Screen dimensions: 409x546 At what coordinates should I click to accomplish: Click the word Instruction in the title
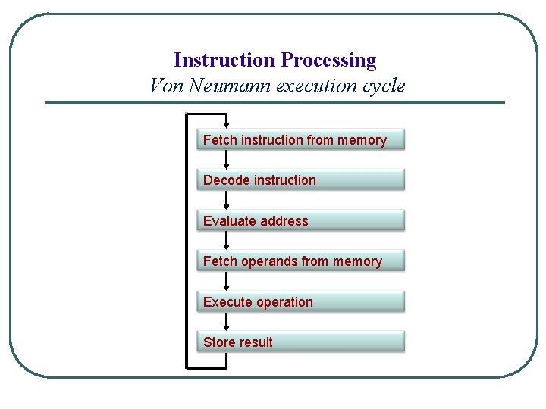pyautogui.click(x=224, y=60)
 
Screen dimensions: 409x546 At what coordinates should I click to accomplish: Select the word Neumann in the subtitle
pyautogui.click(x=230, y=86)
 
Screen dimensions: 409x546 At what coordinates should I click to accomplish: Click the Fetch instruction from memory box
pyautogui.click(x=300, y=140)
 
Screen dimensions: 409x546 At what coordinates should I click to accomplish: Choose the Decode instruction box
pyautogui.click(x=300, y=180)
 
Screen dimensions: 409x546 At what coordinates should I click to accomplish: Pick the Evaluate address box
pyautogui.click(x=300, y=221)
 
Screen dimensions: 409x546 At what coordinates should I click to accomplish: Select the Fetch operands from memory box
pyautogui.click(x=300, y=261)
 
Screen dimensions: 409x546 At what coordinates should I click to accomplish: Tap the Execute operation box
pyautogui.click(x=300, y=302)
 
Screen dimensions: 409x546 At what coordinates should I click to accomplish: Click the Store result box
pyautogui.click(x=300, y=342)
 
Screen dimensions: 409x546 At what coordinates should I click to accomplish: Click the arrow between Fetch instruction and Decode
pyautogui.click(x=226, y=160)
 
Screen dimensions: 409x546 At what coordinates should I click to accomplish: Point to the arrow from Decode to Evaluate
pyautogui.click(x=226, y=201)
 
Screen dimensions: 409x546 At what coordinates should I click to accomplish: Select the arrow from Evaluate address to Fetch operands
pyautogui.click(x=226, y=241)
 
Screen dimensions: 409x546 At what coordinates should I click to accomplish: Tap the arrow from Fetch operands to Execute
pyautogui.click(x=226, y=282)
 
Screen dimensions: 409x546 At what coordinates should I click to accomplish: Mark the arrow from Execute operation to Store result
pyautogui.click(x=226, y=322)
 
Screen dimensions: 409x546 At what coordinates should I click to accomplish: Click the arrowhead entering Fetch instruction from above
pyautogui.click(x=226, y=123)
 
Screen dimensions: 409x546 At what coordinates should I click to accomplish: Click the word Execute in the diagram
pyautogui.click(x=224, y=302)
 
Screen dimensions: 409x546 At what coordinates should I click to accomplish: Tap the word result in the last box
pyautogui.click(x=256, y=342)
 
